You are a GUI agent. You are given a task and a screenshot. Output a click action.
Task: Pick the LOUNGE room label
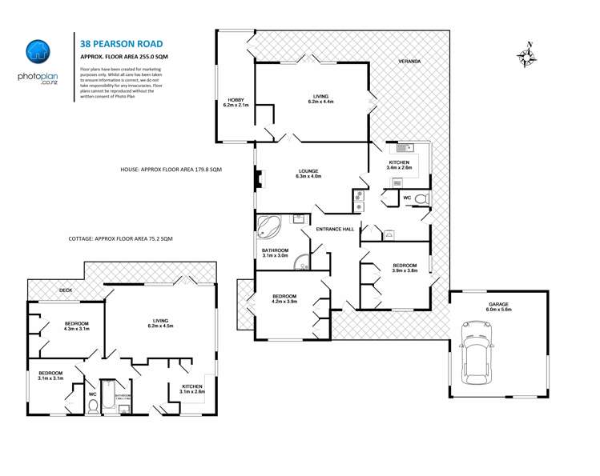pyautogui.click(x=308, y=174)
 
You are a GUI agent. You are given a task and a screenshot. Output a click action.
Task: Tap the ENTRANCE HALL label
pyautogui.click(x=335, y=230)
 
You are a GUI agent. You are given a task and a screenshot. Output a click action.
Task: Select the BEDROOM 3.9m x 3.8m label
pyautogui.click(x=404, y=267)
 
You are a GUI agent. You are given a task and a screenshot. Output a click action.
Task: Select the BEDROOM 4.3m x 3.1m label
pyautogui.click(x=76, y=326)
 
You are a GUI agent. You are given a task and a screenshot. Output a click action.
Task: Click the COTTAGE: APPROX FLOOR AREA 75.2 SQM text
pyautogui.click(x=120, y=238)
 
